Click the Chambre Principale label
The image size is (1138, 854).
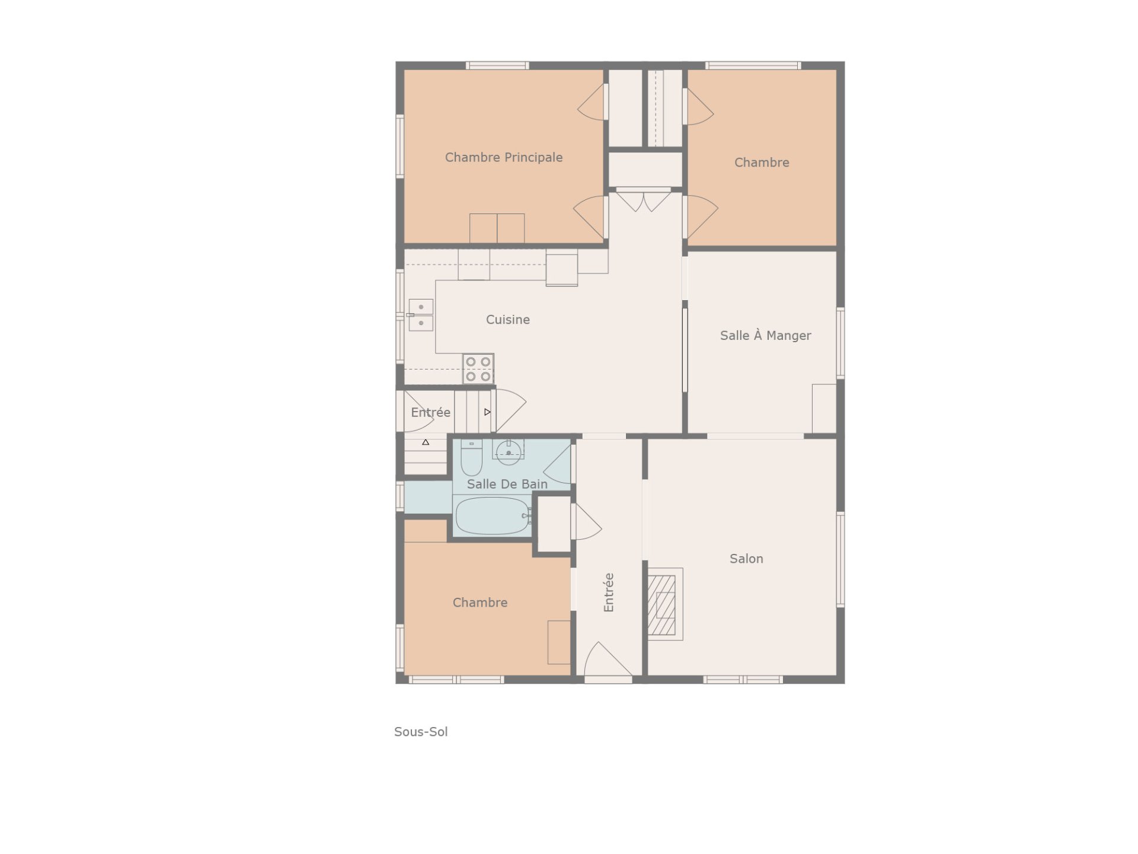(504, 157)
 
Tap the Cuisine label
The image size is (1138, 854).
(508, 320)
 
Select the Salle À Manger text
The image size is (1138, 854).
(765, 336)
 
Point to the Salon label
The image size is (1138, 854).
(746, 559)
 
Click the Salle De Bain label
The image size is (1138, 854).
(507, 484)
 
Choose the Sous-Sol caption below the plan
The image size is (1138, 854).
(421, 732)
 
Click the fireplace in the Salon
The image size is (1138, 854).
(664, 604)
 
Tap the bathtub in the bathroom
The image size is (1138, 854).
(493, 515)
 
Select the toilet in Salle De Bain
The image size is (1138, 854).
(472, 457)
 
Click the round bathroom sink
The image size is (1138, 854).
(509, 452)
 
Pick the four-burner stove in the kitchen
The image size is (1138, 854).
(478, 369)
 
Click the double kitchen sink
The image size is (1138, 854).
(421, 315)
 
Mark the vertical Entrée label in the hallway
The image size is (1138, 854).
(609, 592)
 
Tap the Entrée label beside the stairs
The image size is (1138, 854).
(431, 412)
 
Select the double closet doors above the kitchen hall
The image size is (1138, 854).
(644, 200)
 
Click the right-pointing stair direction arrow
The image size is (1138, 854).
(487, 412)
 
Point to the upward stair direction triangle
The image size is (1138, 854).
(426, 442)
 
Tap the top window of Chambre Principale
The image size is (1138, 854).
(497, 65)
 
